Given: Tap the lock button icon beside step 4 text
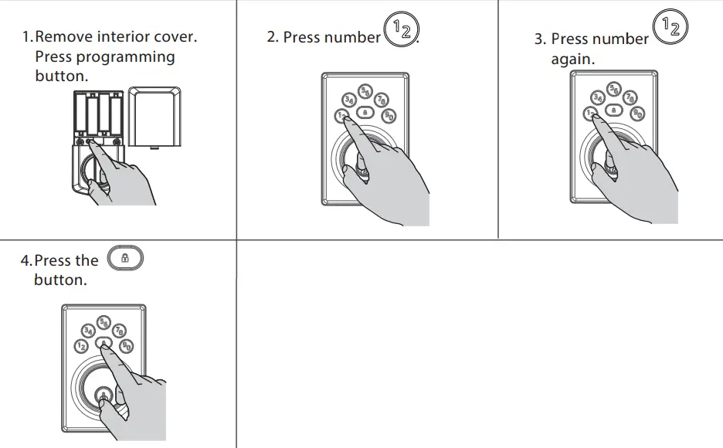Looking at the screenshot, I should tap(126, 259).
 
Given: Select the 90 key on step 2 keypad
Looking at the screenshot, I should tap(389, 115).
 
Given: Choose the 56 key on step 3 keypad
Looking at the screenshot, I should tap(614, 89).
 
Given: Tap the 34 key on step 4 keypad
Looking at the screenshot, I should tap(89, 331).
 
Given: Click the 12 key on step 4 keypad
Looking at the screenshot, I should tap(81, 347).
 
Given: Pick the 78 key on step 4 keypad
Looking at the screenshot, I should tap(119, 331).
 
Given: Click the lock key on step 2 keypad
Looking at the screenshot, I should tap(365, 112).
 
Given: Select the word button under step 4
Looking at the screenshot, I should tap(60, 280).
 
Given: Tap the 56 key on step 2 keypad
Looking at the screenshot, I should tap(365, 90).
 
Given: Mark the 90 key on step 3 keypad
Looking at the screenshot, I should tap(637, 114).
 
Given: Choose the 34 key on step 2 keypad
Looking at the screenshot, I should tap(349, 100).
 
